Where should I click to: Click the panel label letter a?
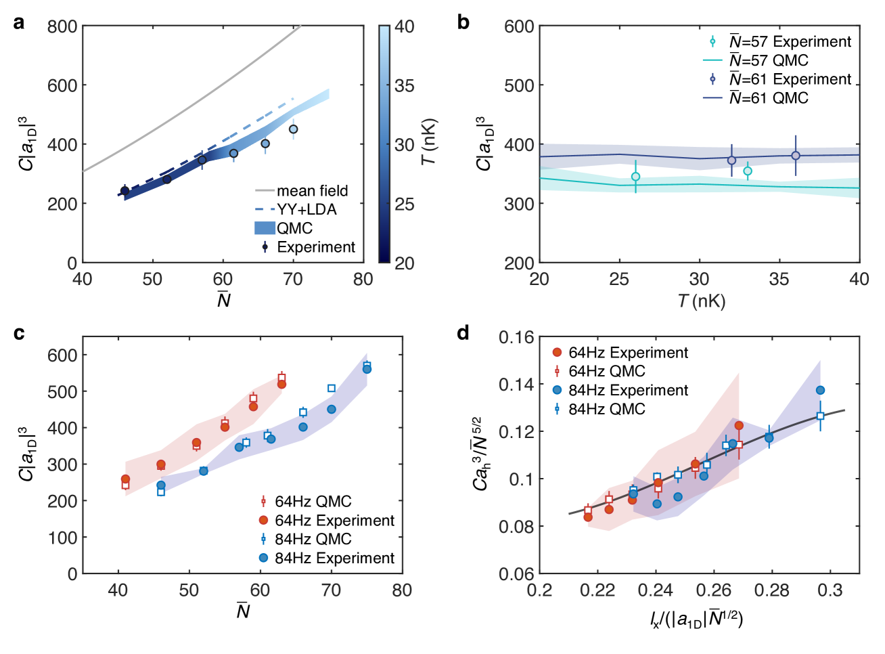pyautogui.click(x=19, y=22)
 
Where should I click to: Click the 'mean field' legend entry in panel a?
pyautogui.click(x=312, y=191)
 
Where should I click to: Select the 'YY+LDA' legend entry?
pyautogui.click(x=307, y=210)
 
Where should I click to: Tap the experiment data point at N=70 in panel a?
pyautogui.click(x=293, y=129)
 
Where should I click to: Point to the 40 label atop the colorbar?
pyautogui.click(x=405, y=27)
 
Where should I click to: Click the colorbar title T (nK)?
pyautogui.click(x=428, y=143)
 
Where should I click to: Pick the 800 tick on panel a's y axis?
pyautogui.click(x=62, y=27)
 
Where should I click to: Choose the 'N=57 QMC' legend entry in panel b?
pyautogui.click(x=769, y=61)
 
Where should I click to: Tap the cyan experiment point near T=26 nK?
pyautogui.click(x=635, y=177)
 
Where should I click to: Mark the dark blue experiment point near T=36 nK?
pyautogui.click(x=796, y=156)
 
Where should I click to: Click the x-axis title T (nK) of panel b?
pyautogui.click(x=701, y=301)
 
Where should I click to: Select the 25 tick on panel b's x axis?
pyautogui.click(x=619, y=280)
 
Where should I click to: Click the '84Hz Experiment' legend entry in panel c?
pyautogui.click(x=334, y=558)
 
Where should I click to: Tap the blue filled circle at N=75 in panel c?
pyautogui.click(x=367, y=369)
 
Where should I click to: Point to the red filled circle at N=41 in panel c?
pyautogui.click(x=125, y=479)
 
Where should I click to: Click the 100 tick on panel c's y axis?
pyautogui.click(x=63, y=538)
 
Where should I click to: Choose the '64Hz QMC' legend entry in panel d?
pyautogui.click(x=606, y=371)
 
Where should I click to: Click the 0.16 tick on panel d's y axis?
pyautogui.click(x=516, y=337)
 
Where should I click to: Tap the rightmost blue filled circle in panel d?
pyautogui.click(x=820, y=390)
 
